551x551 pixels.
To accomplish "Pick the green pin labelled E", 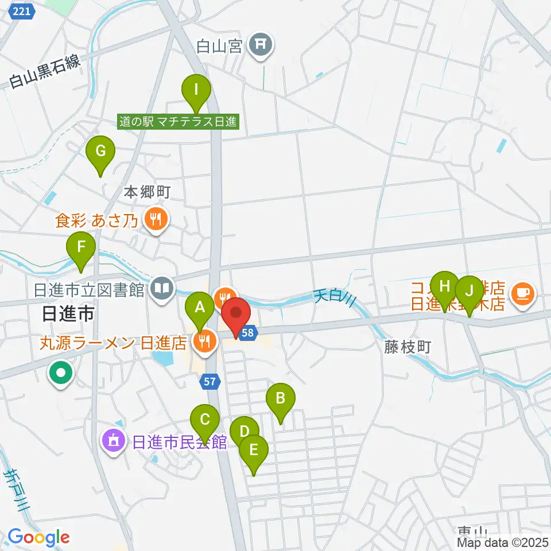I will click(254, 451).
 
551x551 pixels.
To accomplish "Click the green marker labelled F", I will click(82, 249).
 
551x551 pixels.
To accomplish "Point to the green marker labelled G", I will click(100, 152).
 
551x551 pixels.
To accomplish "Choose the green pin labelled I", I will click(196, 90).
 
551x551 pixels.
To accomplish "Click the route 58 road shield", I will click(248, 333).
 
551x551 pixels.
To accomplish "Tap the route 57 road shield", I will click(210, 379).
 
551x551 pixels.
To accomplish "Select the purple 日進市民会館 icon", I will click(113, 441).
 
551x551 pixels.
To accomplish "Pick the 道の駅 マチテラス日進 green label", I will click(178, 121).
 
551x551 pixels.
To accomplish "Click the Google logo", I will click(39, 538).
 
